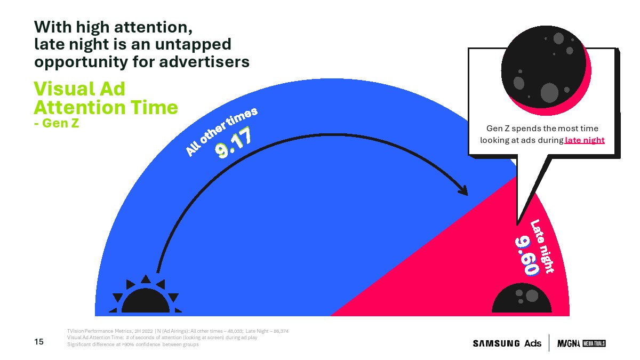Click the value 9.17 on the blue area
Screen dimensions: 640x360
tap(234, 143)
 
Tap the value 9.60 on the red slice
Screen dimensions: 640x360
tap(527, 256)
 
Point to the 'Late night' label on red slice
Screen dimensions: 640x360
tap(542, 246)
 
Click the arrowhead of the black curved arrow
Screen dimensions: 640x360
tap(463, 190)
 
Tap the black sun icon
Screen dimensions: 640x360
tap(146, 294)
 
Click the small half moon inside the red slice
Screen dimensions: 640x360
tap(522, 298)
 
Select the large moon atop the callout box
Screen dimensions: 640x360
tap(546, 70)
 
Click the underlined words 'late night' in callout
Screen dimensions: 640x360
tap(585, 140)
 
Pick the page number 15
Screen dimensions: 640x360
tap(39, 342)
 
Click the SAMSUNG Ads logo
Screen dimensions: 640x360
tap(507, 343)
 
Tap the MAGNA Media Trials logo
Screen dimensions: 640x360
tap(581, 343)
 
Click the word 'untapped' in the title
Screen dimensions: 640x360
tap(193, 45)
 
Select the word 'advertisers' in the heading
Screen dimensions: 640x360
tap(204, 62)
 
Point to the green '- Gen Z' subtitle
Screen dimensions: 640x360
tap(57, 123)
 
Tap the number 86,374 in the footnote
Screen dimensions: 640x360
tap(281, 331)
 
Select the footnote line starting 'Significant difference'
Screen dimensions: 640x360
tap(133, 345)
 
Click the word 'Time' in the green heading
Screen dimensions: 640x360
tap(155, 107)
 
